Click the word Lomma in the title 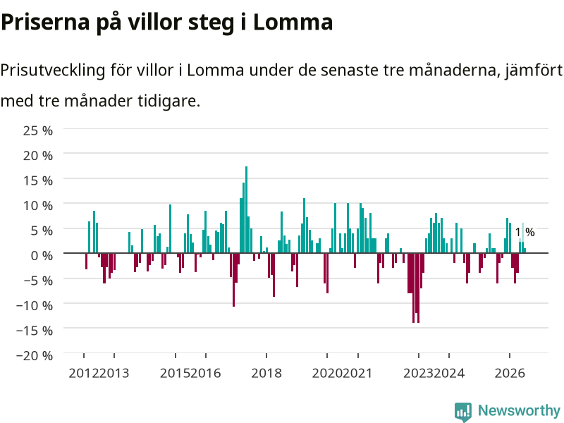(x=293, y=22)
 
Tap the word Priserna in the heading (x=45, y=22)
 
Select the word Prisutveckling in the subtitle (x=53, y=70)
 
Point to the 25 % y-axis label (x=38, y=130)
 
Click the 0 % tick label (x=42, y=256)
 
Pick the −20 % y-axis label (x=35, y=356)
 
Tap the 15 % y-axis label (x=38, y=180)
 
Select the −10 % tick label (x=35, y=306)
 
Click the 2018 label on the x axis (x=266, y=373)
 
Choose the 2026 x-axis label (x=510, y=373)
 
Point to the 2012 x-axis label (x=84, y=373)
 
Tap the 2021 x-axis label (x=357, y=373)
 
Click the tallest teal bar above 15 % (x=246, y=209)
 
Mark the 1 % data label (x=525, y=233)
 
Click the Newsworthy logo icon (x=463, y=412)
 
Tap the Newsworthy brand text (x=519, y=410)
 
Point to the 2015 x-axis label (x=175, y=373)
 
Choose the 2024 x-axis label (x=449, y=373)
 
